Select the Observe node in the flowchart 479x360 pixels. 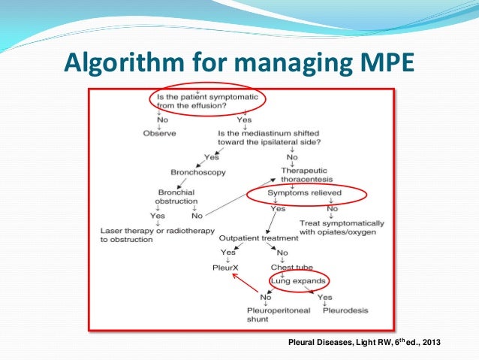click(x=158, y=133)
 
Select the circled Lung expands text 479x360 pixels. click(x=299, y=281)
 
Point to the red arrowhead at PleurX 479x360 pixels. click(x=233, y=275)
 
